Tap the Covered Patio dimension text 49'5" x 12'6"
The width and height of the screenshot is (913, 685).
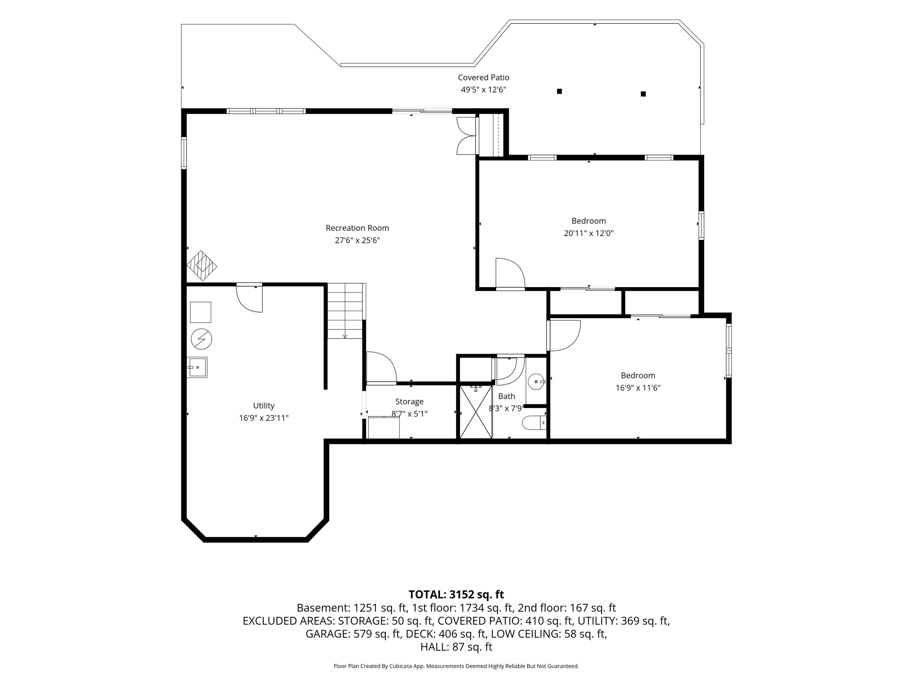pos(483,90)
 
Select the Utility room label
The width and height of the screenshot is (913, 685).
pos(264,406)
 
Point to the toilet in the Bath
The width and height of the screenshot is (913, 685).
pos(534,423)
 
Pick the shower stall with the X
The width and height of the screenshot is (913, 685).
pos(476,412)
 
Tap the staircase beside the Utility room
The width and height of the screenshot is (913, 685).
pos(346,311)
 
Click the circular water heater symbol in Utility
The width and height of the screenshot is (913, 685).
pos(201,339)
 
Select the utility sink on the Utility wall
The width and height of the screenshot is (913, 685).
pos(197,367)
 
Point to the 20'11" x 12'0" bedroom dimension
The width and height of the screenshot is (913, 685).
pos(589,233)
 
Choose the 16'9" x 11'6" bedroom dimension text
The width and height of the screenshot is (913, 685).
pos(638,388)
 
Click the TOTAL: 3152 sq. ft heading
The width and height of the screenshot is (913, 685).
pos(456,594)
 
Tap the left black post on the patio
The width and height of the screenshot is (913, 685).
pos(559,91)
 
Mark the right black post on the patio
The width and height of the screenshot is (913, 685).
pos(643,94)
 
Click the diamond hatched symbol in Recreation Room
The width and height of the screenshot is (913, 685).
pos(202,266)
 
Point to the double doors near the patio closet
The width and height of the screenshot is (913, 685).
pos(467,135)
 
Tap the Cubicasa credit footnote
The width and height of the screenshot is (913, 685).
pos(456,666)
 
